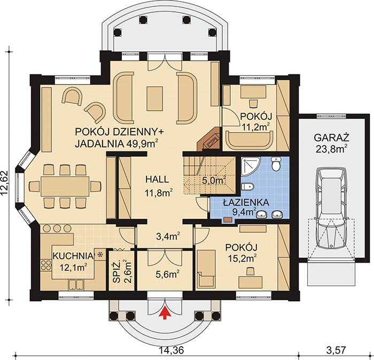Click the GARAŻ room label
(x=331, y=138)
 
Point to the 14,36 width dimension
(x=172, y=350)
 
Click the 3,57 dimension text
(x=336, y=350)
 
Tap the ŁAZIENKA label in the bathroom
(x=246, y=203)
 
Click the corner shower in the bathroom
(x=251, y=166)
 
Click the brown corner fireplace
(x=209, y=140)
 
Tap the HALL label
(x=157, y=179)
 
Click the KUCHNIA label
(x=73, y=256)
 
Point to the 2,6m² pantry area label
(x=128, y=271)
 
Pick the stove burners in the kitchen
(x=46, y=265)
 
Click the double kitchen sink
(x=76, y=285)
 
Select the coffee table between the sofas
(x=155, y=99)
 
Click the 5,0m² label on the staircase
(x=214, y=180)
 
